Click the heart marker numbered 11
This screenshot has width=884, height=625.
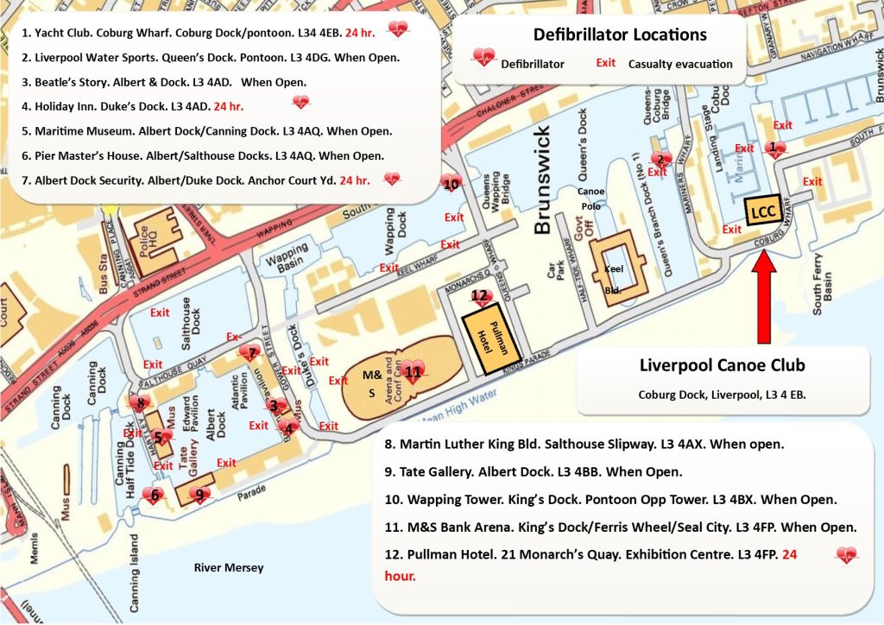tap(414, 372)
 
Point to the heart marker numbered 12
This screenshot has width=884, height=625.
tap(480, 297)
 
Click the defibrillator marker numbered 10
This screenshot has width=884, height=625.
tap(451, 184)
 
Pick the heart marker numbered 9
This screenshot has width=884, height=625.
tap(199, 495)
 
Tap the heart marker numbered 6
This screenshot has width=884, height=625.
tap(155, 495)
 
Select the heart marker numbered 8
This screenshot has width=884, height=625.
tap(141, 401)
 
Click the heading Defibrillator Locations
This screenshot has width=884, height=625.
tap(619, 35)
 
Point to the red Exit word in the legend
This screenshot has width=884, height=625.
tap(606, 63)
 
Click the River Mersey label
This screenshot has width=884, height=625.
tap(228, 567)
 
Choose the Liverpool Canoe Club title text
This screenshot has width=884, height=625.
tap(722, 364)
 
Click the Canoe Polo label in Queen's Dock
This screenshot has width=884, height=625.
tap(591, 199)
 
